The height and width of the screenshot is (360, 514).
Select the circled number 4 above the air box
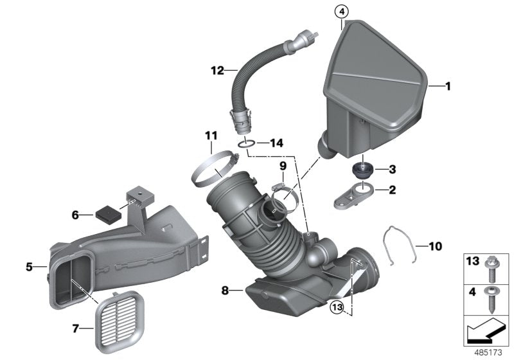click(342, 11)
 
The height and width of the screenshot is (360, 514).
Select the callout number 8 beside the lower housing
click(225, 291)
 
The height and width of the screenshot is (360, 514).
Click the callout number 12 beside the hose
click(217, 69)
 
